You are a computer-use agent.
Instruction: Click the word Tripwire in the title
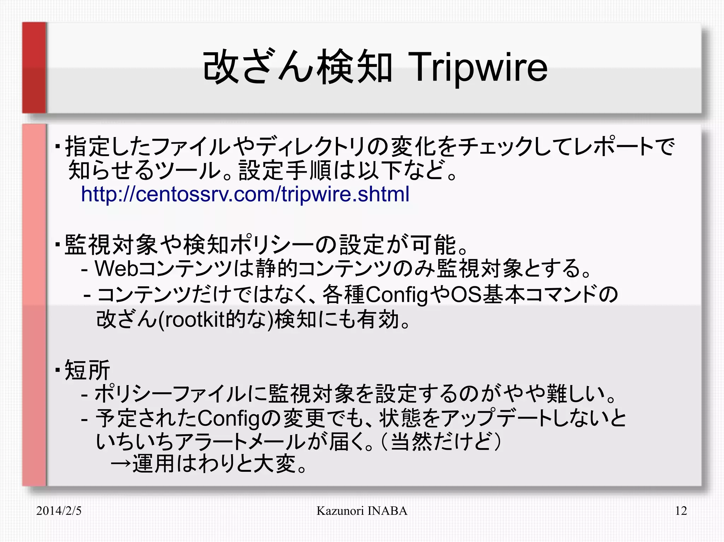(477, 67)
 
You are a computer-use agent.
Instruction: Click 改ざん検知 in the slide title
(297, 67)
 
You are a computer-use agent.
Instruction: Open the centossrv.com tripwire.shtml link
(245, 194)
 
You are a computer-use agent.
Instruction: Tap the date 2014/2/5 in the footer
(59, 511)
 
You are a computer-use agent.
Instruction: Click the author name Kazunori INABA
(362, 511)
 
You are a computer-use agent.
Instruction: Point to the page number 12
(681, 511)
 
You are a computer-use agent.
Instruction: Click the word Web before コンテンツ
(116, 268)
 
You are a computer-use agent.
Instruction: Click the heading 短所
(87, 370)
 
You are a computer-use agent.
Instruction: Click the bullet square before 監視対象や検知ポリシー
(58, 244)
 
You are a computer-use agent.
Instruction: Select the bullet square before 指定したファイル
(58, 146)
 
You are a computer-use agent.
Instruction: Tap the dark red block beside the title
(34, 67)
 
